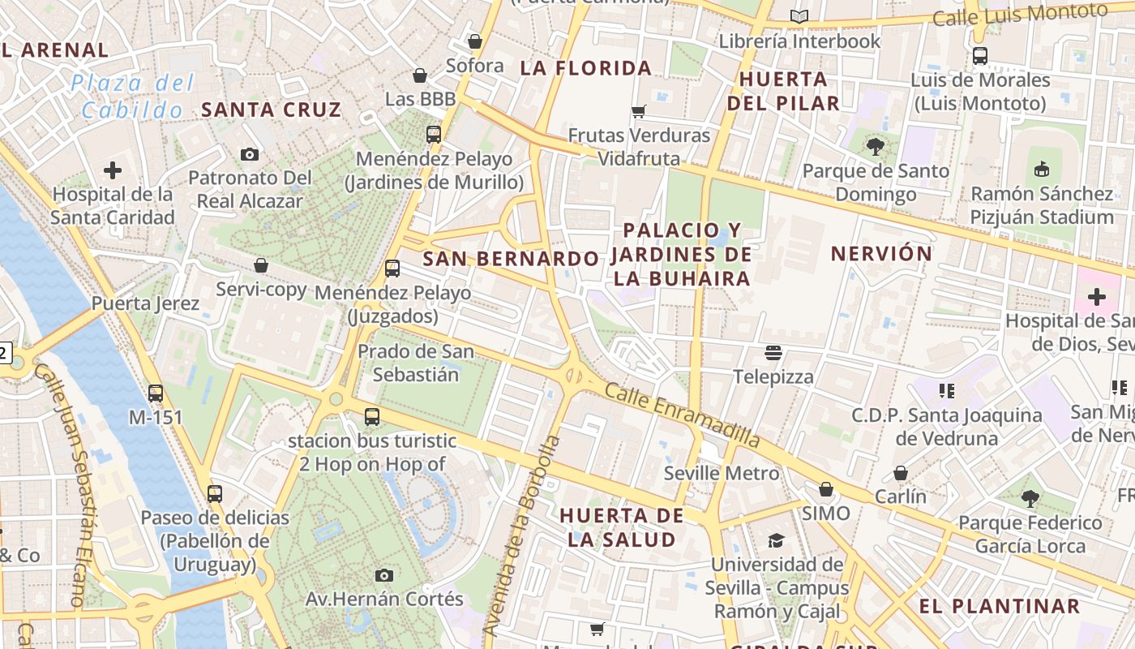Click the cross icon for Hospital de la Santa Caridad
(x=113, y=170)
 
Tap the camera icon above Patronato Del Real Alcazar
(x=250, y=154)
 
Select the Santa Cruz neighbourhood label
(x=271, y=110)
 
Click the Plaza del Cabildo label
(x=132, y=96)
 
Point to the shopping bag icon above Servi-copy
(x=261, y=265)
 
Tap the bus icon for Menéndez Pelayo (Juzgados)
(x=392, y=268)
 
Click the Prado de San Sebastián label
(x=416, y=363)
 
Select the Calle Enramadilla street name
(x=683, y=415)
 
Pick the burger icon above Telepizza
(x=773, y=353)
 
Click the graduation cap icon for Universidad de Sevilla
(x=776, y=540)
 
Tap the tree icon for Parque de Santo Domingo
(x=875, y=147)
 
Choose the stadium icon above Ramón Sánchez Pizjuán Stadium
(x=1042, y=170)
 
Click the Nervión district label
(x=882, y=253)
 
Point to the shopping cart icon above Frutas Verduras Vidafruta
(x=639, y=111)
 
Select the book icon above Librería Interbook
(x=799, y=16)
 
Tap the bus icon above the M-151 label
(x=156, y=393)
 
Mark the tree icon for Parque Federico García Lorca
(x=1030, y=498)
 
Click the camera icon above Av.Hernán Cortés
(x=384, y=575)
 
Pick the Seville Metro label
(x=722, y=473)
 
